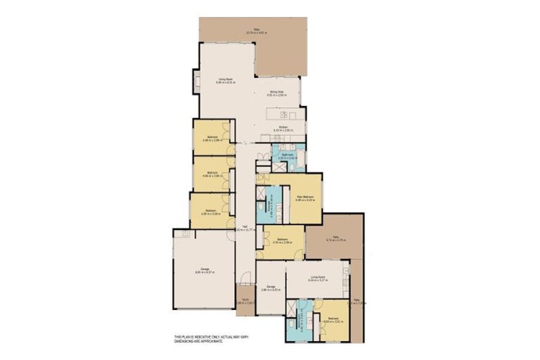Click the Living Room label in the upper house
224,79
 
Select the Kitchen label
281,127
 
